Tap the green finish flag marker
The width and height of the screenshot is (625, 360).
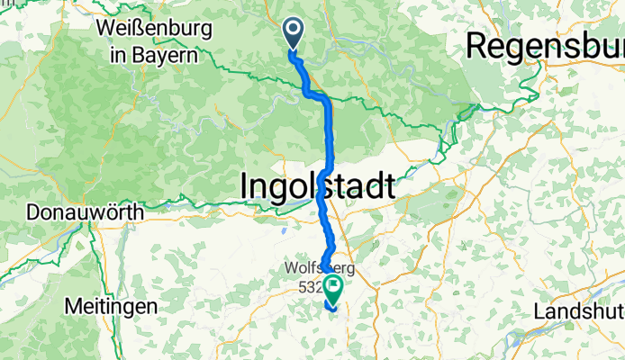pos(334,289)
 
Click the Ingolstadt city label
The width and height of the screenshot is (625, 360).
pos(317,186)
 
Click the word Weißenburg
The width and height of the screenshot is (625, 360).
pos(153,29)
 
